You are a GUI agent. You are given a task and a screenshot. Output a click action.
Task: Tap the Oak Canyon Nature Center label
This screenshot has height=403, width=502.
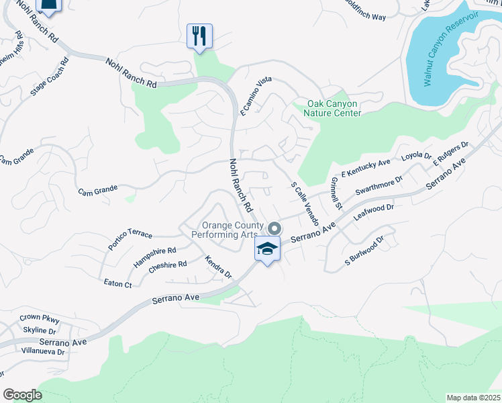(332, 108)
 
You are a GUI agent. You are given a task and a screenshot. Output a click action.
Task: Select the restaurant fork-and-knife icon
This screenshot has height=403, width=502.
(199, 36)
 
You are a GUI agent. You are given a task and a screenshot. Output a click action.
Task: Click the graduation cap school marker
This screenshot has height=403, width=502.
(267, 250)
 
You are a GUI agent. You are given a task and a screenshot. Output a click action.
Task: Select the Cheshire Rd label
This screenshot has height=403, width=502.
(168, 265)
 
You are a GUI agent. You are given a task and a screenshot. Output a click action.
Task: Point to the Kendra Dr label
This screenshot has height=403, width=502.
(218, 267)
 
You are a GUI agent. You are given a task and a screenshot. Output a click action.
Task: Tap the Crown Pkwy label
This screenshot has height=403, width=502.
(40, 319)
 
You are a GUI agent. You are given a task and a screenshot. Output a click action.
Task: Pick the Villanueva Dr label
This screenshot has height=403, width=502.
(42, 351)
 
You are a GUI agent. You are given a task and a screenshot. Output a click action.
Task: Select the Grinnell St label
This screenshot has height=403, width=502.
(336, 193)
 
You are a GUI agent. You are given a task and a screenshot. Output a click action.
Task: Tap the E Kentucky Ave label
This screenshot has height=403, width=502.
(366, 168)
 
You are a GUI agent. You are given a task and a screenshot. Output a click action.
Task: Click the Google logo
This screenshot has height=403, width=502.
(22, 395)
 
